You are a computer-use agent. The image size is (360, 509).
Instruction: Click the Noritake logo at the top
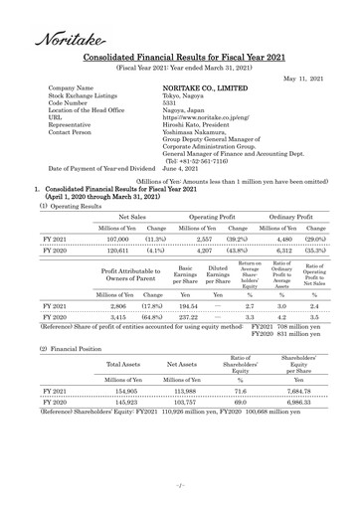63,38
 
